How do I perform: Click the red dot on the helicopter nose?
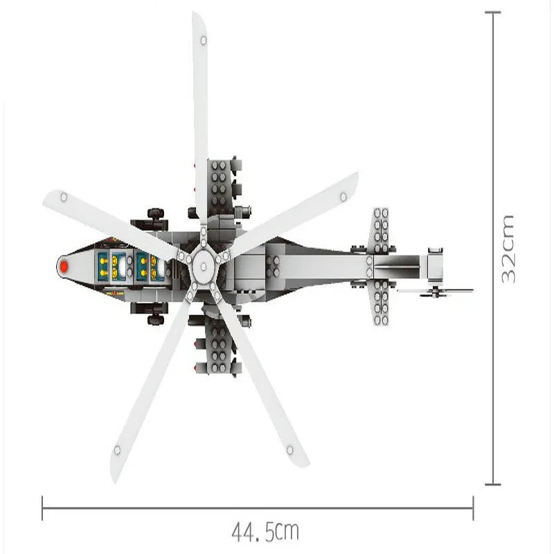click(x=64, y=267)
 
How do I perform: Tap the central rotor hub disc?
click(x=203, y=267)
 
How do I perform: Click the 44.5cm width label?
click(x=265, y=531)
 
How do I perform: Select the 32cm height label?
click(x=508, y=249)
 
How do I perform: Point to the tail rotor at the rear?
click(x=436, y=292)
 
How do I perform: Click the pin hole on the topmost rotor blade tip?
click(x=204, y=41)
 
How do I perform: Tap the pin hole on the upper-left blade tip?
click(x=64, y=197)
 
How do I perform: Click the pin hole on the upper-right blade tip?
click(x=343, y=197)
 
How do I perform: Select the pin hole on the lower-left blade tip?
click(x=117, y=450)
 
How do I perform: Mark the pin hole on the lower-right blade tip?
click(x=289, y=450)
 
